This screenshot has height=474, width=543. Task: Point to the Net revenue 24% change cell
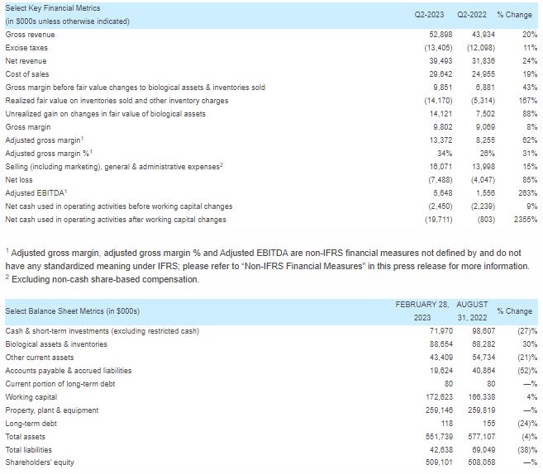[530, 61]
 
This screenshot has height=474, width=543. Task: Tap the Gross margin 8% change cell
[531, 127]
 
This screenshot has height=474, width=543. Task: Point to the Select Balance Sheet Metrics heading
[73, 311]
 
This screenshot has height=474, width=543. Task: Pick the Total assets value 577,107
[479, 436]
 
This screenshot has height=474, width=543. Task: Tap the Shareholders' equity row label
[40, 462]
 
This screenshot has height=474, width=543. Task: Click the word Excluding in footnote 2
[30, 279]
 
